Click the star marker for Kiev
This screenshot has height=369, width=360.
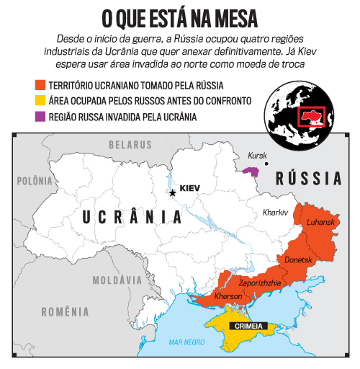(172, 192)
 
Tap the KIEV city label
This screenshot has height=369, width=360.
(189, 189)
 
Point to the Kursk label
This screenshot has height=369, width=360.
(257, 155)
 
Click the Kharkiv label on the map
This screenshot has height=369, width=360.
(275, 213)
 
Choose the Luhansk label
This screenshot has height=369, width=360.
(321, 222)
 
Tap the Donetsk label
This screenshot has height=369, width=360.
(298, 259)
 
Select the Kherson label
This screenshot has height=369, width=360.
(228, 297)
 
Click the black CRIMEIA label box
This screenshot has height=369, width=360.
(247, 326)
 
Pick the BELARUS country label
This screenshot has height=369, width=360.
(130, 145)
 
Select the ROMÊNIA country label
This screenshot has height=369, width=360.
(66, 312)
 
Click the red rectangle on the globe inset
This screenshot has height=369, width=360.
(312, 117)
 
